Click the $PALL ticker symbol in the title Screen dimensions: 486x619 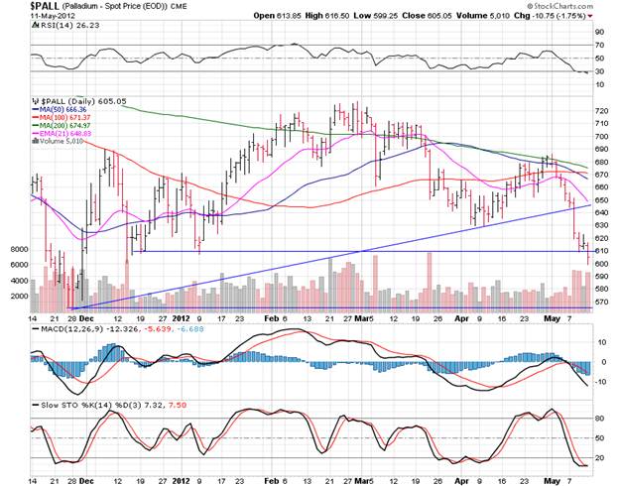tap(17, 6)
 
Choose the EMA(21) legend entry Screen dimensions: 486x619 tap(70, 134)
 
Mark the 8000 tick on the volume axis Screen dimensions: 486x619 tap(18, 250)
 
